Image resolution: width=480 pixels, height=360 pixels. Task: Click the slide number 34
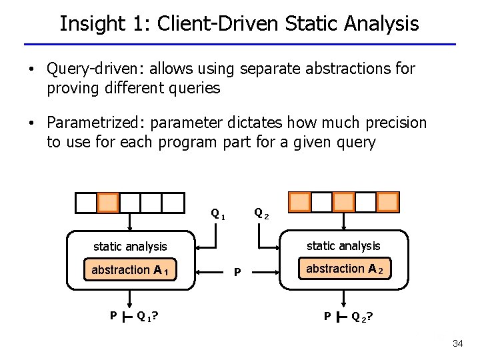pos(457,343)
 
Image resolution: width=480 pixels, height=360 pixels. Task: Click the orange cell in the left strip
pos(108,202)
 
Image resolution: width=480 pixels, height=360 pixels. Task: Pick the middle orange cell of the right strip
pos(343,201)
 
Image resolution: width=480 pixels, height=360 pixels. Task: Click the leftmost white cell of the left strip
pos(85,202)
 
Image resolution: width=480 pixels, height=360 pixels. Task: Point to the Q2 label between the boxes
pos(261,214)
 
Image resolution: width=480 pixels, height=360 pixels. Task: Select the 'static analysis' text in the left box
pos(130,247)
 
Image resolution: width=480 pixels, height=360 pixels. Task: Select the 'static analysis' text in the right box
pos(343,246)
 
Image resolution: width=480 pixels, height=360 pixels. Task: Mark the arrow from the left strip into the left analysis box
pos(130,223)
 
